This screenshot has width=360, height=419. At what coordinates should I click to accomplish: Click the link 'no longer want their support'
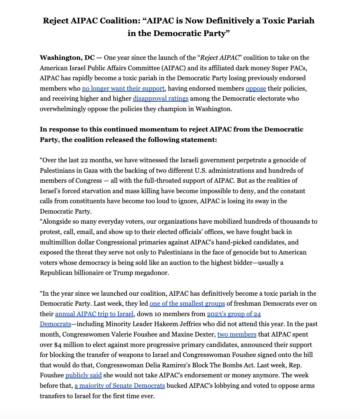123,88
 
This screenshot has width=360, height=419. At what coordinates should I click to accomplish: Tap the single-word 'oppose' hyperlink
256,88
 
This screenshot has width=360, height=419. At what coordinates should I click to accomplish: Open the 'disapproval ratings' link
161,98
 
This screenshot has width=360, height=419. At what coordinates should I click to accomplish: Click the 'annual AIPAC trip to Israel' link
94,314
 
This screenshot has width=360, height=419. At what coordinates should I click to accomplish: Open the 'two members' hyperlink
237,334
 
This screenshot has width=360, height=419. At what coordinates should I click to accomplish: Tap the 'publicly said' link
84,375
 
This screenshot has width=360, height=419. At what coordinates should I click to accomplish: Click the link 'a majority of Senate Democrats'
120,386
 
